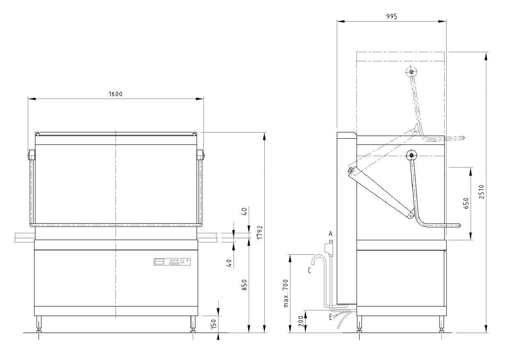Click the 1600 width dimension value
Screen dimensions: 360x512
pyautogui.click(x=116, y=94)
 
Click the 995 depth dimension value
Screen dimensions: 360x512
pyautogui.click(x=391, y=16)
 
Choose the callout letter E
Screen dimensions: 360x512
pyautogui.click(x=330, y=317)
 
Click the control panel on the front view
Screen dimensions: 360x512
pyautogui.click(x=172, y=262)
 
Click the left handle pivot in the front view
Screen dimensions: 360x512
pyautogui.click(x=31, y=155)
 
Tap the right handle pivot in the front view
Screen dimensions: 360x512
pyautogui.click(x=200, y=155)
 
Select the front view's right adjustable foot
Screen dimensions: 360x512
pyautogui.click(x=193, y=324)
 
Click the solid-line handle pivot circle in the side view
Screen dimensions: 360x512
pyautogui.click(x=411, y=156)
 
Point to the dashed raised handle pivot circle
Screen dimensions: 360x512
pyautogui.click(x=411, y=72)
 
